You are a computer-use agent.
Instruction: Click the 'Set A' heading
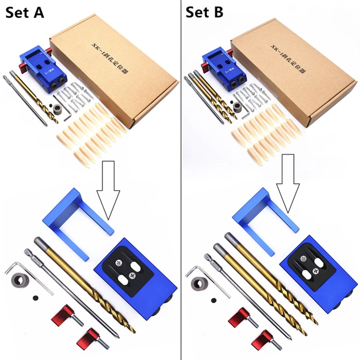point(25,12)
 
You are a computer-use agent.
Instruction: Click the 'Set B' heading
point(204,12)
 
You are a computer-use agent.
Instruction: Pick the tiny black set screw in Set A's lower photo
point(35,298)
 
